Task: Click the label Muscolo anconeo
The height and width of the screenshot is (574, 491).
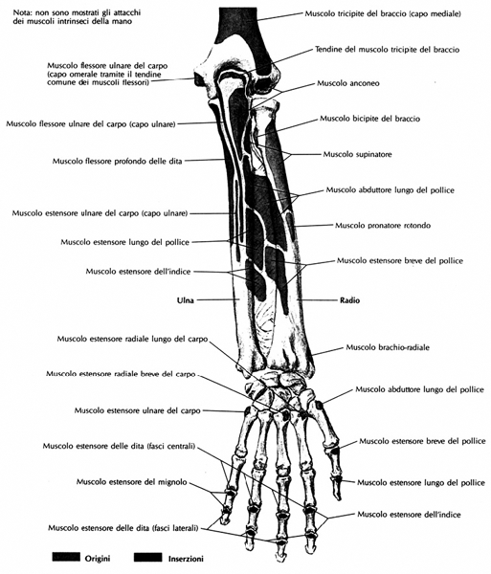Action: [348, 83]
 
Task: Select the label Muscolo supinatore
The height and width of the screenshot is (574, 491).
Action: [357, 154]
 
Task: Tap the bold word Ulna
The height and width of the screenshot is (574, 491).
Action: [186, 300]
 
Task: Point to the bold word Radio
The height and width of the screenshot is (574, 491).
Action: [349, 300]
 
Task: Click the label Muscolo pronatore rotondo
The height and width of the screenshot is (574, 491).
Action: [383, 225]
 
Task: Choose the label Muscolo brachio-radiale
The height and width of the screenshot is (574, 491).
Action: [388, 347]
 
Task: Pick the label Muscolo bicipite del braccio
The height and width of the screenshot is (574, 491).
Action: [369, 119]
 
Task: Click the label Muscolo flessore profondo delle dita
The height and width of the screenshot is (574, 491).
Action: [117, 161]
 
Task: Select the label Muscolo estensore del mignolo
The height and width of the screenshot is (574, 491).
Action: [132, 482]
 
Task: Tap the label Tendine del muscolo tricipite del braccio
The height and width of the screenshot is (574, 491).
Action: [387, 49]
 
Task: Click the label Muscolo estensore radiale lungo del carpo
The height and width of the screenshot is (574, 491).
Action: [132, 339]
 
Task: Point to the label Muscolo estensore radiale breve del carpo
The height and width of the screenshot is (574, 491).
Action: [121, 374]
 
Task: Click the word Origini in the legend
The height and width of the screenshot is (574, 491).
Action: [98, 559]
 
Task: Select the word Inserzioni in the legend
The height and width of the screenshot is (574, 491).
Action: [186, 559]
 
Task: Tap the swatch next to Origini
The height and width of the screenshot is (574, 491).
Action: [66, 557]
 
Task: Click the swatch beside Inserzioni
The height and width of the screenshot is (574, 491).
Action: [147, 557]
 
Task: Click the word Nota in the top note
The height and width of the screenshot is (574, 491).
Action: [20, 12]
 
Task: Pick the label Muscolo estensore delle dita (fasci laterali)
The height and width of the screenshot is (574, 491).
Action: [123, 528]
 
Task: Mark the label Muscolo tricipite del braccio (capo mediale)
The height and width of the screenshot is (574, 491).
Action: [383, 13]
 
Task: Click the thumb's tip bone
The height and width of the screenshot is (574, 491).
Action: [336, 487]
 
